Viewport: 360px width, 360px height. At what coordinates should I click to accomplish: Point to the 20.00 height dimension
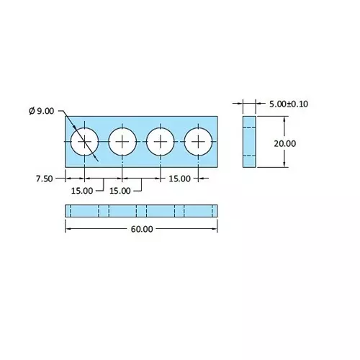click(x=284, y=143)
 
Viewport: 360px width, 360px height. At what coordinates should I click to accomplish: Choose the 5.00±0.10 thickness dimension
click(x=287, y=104)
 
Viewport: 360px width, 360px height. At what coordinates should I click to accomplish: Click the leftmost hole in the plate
click(x=85, y=141)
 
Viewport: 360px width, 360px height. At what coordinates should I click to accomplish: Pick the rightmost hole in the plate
click(x=198, y=141)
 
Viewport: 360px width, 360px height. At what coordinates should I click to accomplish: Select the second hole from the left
click(x=122, y=141)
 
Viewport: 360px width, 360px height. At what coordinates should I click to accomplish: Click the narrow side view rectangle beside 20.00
click(x=249, y=141)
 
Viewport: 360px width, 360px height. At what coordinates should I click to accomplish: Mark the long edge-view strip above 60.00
click(x=142, y=210)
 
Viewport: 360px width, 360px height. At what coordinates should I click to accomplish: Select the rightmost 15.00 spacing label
click(x=179, y=179)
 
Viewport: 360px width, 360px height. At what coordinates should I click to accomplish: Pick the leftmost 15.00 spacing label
click(x=82, y=191)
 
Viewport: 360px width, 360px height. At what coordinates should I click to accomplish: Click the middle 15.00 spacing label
click(x=120, y=191)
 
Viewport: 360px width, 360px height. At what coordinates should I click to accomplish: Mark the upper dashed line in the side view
click(x=249, y=127)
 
